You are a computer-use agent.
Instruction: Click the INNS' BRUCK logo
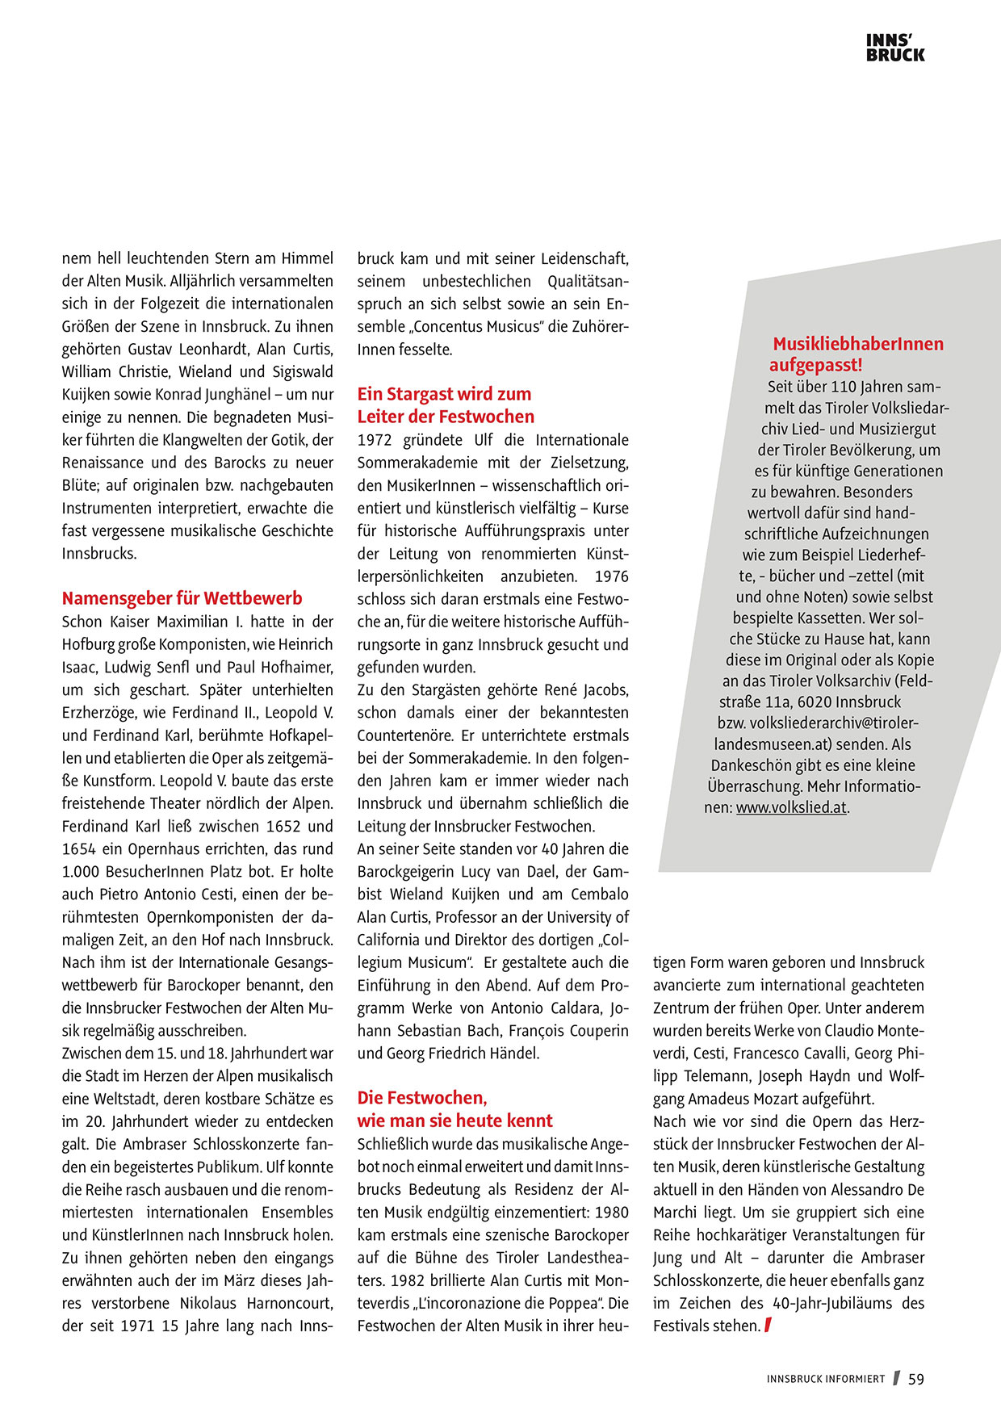tap(895, 48)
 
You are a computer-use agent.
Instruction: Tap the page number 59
tap(916, 1379)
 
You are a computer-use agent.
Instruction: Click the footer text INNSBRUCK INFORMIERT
tap(825, 1379)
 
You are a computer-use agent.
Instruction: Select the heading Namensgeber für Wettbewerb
tap(182, 598)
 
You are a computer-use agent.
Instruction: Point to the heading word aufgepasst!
tap(815, 365)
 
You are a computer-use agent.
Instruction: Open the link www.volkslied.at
tap(791, 807)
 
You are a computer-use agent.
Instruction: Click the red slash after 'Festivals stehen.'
tap(768, 1325)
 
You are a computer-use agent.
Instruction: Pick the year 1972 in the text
tap(376, 440)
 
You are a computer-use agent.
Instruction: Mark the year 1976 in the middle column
tap(611, 576)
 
